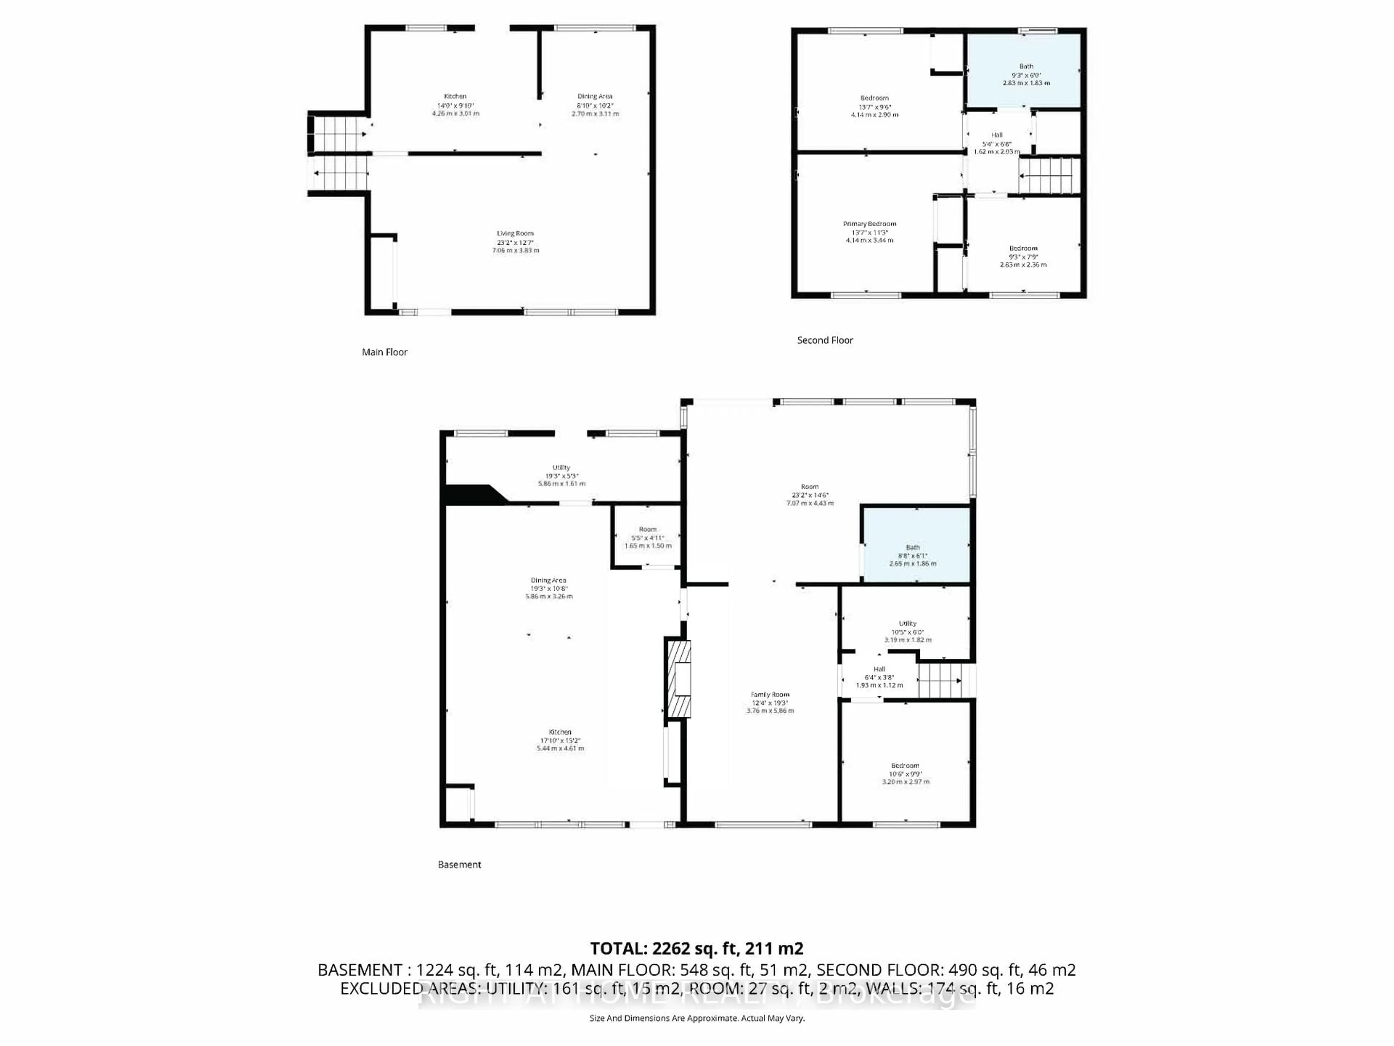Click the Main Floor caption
[384, 352]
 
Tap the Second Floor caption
[824, 340]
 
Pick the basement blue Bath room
[915, 546]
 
